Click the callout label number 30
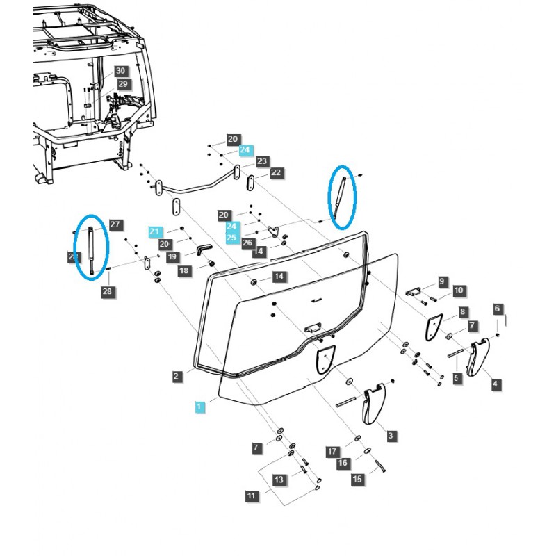pyautogui.click(x=121, y=71)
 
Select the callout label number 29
pyautogui.click(x=123, y=83)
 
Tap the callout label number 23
pyautogui.click(x=261, y=161)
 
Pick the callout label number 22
pyautogui.click(x=276, y=172)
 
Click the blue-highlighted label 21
pyautogui.click(x=154, y=231)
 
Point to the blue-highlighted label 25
pyautogui.click(x=231, y=238)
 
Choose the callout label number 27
pyautogui.click(x=115, y=224)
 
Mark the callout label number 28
pyautogui.click(x=107, y=291)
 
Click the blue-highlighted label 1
pyautogui.click(x=199, y=405)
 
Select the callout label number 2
pyautogui.click(x=177, y=376)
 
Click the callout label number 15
pyautogui.click(x=357, y=479)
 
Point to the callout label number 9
pyautogui.click(x=442, y=281)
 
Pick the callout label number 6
pyautogui.click(x=497, y=308)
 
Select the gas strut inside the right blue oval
pyautogui.click(x=338, y=197)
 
